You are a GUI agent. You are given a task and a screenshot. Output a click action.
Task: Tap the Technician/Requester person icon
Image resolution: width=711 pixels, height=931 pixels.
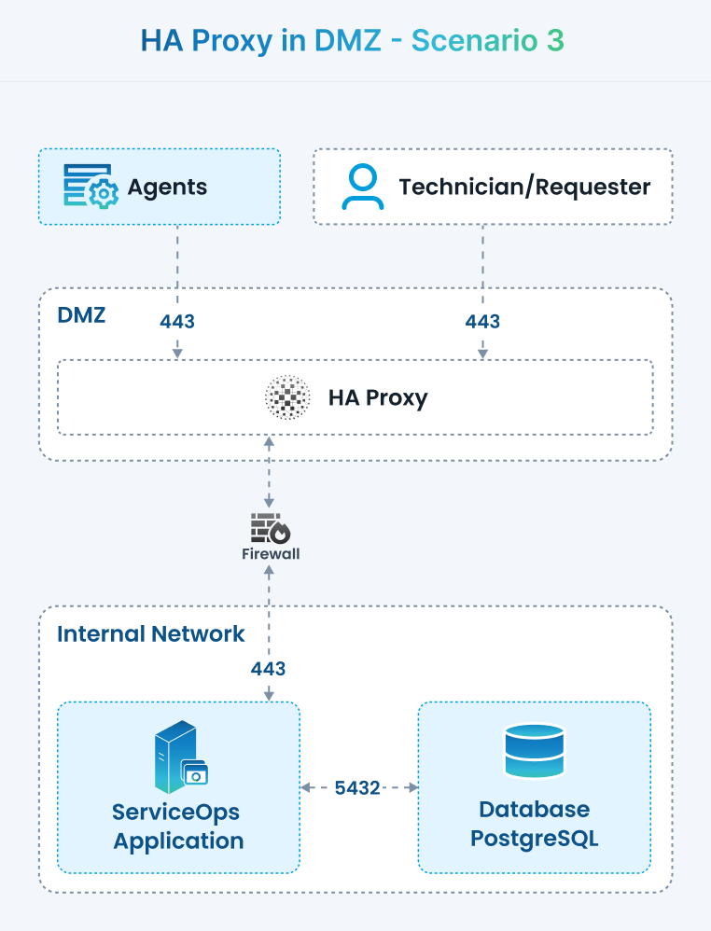[362, 187]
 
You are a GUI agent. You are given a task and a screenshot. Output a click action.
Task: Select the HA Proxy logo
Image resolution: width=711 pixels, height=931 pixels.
[287, 398]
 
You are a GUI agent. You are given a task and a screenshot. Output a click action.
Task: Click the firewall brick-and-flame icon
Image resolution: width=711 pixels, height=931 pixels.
[271, 529]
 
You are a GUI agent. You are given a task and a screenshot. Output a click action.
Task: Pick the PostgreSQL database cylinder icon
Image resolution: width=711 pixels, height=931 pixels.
[534, 751]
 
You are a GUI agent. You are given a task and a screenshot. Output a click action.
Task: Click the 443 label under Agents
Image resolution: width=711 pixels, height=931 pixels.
[177, 322]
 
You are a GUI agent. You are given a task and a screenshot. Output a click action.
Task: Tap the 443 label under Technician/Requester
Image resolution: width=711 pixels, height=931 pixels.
[482, 322]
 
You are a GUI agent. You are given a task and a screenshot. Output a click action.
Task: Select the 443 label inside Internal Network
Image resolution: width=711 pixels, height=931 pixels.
[269, 669]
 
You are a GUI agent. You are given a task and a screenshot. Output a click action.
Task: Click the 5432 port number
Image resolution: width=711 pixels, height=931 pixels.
[357, 788]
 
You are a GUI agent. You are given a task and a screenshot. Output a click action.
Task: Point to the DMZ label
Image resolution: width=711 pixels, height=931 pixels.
[81, 314]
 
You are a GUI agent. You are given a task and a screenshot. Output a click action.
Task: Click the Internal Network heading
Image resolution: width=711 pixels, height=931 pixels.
[151, 634]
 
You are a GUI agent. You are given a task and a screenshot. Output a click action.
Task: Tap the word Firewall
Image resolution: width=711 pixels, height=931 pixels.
[271, 554]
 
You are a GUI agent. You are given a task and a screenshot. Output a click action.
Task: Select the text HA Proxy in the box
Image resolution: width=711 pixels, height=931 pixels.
[378, 398]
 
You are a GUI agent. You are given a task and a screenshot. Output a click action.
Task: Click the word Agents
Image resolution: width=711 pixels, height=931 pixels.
[168, 187]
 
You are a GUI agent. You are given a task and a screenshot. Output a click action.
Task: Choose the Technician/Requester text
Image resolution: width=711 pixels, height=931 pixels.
[524, 187]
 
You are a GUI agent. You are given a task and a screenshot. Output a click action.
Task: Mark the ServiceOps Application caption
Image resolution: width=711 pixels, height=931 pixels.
[178, 825]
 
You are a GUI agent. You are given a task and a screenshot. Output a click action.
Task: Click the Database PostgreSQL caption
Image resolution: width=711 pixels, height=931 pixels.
[534, 823]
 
